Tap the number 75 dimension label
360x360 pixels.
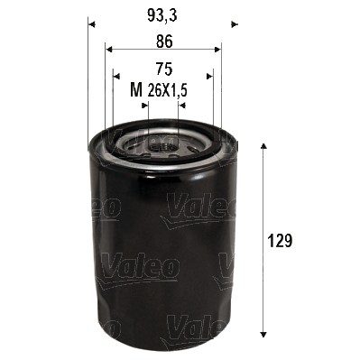162,68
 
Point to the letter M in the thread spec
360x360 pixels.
136,89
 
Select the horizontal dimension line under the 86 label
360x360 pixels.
162,50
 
